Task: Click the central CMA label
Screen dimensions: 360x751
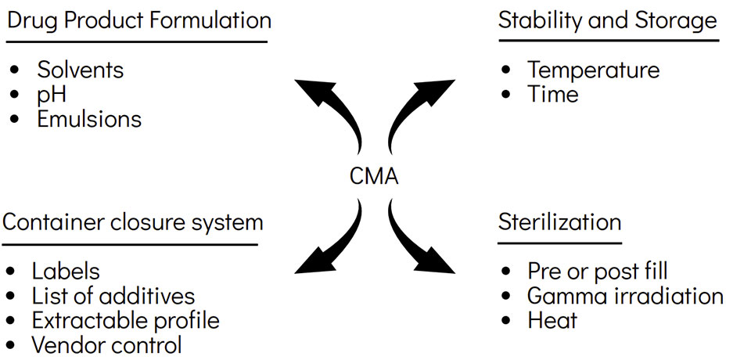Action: coord(374,176)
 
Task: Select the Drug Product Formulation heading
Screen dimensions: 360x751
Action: coord(139,20)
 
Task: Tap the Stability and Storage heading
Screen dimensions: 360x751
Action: coord(608,20)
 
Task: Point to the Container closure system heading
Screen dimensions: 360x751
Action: coord(133,222)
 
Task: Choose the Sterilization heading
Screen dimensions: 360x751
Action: coord(559,222)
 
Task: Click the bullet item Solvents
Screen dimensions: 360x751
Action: coord(81,70)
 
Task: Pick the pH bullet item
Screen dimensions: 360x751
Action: coord(52,94)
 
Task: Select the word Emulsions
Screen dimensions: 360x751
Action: coord(89,119)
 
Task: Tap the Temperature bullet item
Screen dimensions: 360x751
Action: coord(593,70)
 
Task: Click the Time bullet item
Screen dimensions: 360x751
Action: coord(552,94)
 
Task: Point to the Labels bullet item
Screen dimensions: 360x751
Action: coord(66,272)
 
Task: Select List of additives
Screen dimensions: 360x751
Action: coord(113,296)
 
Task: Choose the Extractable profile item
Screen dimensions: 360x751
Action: coord(125,320)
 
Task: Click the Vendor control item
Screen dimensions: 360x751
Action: coord(106,344)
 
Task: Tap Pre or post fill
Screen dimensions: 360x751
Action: coord(598,272)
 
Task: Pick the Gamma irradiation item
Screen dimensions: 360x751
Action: coord(625,296)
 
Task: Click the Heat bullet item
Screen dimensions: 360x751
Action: coord(552,320)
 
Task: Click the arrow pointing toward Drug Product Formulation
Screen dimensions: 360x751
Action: coord(329,110)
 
